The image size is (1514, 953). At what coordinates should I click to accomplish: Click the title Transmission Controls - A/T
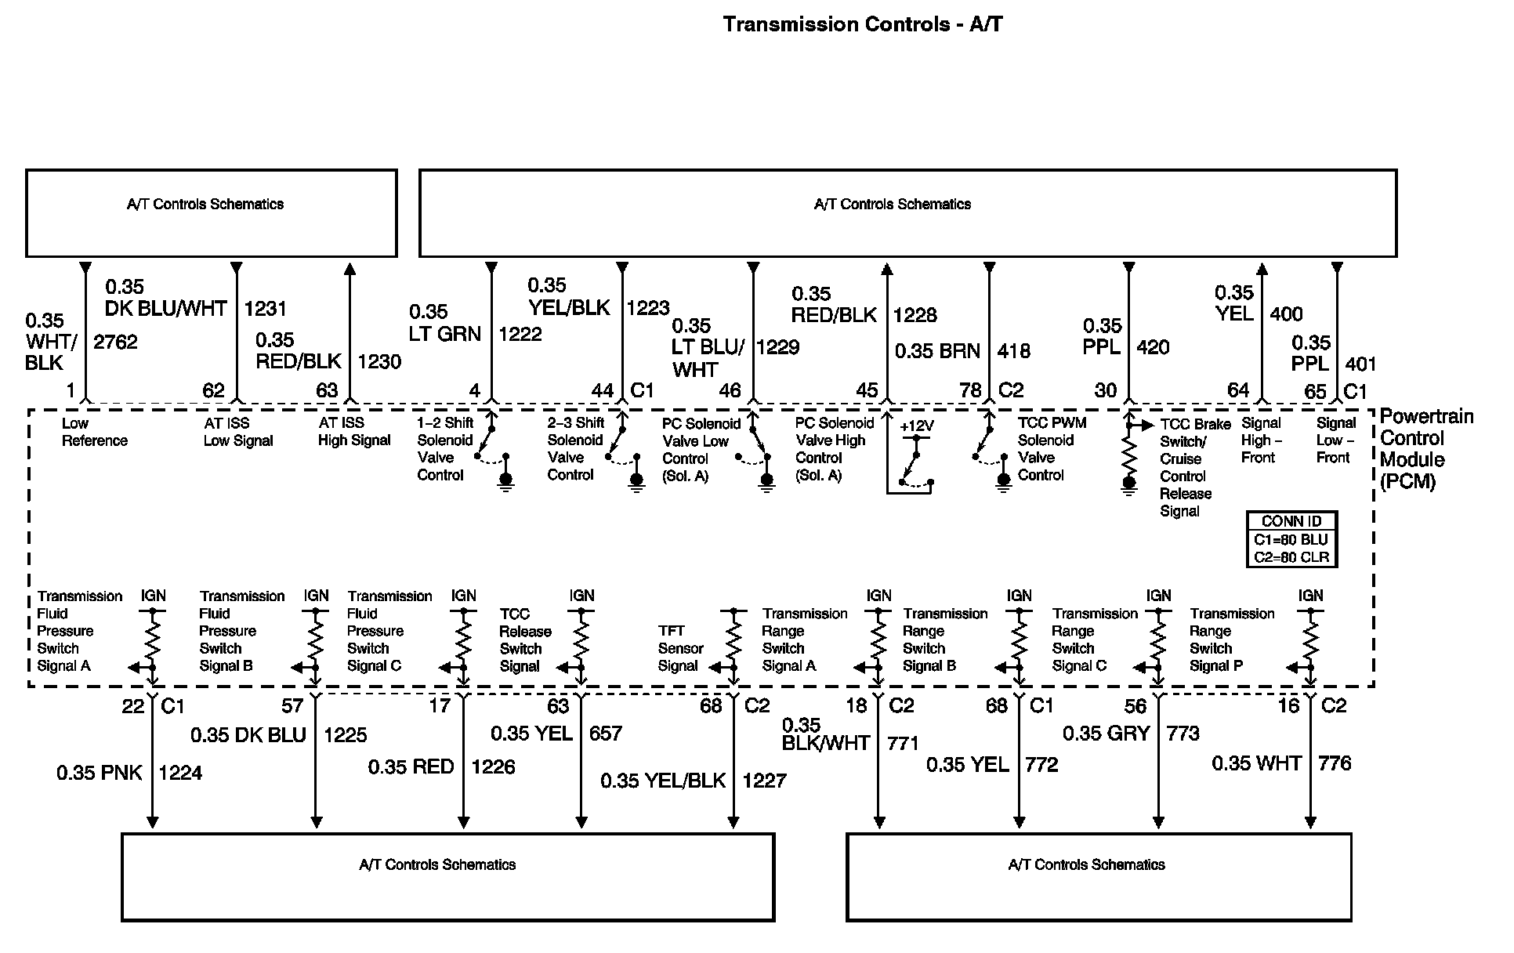[862, 24]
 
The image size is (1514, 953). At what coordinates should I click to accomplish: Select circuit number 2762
[115, 342]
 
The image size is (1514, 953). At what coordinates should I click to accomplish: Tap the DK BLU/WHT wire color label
[165, 309]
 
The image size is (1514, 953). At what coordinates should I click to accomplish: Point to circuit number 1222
[520, 335]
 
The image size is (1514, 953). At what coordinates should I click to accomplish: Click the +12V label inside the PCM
[916, 426]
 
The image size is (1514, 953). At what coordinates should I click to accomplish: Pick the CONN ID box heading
[1291, 521]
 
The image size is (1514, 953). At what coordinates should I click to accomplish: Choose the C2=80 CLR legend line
[1291, 558]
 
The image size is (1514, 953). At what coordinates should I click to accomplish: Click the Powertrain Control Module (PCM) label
[1425, 449]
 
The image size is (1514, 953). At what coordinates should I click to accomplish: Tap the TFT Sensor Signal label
[679, 648]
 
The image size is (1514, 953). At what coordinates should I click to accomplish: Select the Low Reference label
[94, 432]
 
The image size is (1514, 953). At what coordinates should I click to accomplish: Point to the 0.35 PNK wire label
[100, 774]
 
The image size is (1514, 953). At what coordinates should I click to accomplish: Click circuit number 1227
[764, 781]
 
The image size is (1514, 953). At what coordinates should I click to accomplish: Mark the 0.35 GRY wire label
[1106, 734]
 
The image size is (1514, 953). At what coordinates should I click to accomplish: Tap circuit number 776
[1335, 763]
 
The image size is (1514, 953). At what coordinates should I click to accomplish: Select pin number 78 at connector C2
[970, 390]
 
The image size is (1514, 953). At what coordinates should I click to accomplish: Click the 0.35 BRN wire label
[937, 351]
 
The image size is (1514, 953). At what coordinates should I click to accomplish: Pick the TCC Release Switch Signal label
[525, 640]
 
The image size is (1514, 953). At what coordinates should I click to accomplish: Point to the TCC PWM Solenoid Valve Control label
[1051, 449]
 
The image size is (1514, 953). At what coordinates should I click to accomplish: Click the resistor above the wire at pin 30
[1128, 452]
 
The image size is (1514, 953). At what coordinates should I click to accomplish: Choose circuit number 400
[1286, 314]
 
